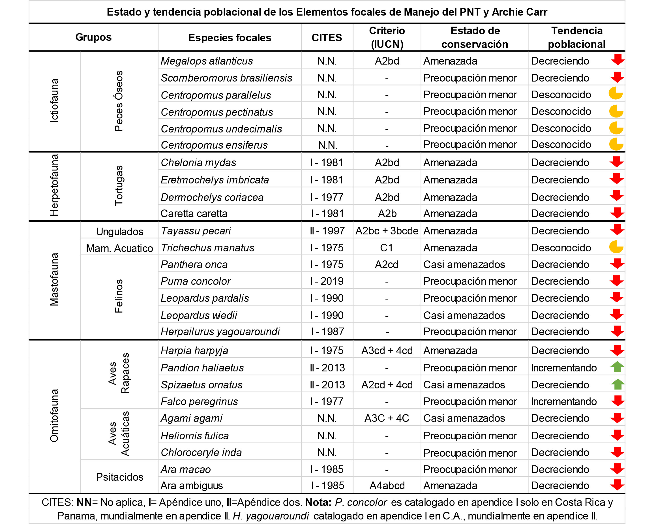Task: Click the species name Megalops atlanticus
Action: pos(207,61)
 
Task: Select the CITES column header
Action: pos(327,38)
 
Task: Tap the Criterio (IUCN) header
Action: pos(387,37)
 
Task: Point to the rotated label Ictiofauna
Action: pos(54,101)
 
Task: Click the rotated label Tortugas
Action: pos(119,185)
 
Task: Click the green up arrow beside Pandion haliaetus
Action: pos(617,367)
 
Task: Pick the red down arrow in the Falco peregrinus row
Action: pos(617,401)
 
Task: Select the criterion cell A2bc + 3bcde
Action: pos(387,231)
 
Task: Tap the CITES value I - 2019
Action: pos(327,281)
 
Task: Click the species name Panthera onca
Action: pos(194,265)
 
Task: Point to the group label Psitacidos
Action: pos(119,477)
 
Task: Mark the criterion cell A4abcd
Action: pos(387,486)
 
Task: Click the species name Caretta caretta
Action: pos(194,214)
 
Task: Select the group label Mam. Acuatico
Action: pos(119,248)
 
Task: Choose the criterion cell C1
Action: pos(387,248)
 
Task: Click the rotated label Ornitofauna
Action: pos(54,416)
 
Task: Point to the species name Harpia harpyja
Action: pos(194,351)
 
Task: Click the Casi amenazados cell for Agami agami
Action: pos(464,418)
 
